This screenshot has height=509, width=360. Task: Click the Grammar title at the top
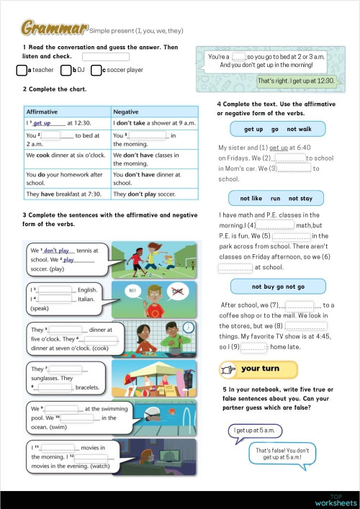54,28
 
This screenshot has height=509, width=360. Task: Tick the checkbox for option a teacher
21,71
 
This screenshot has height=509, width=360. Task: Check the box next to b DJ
66,71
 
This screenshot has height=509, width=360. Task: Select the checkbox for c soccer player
96,71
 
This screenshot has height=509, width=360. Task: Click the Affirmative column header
42,112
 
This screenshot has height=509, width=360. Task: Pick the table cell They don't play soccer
154,194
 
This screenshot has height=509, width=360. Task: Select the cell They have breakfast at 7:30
66,194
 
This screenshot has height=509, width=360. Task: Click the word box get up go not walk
278,129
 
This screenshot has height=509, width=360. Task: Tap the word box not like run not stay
276,198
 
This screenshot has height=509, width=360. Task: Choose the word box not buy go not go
278,287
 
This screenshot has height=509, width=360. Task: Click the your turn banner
258,369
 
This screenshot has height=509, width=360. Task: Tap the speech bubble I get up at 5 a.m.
253,431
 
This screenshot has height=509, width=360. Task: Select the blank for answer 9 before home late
253,346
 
